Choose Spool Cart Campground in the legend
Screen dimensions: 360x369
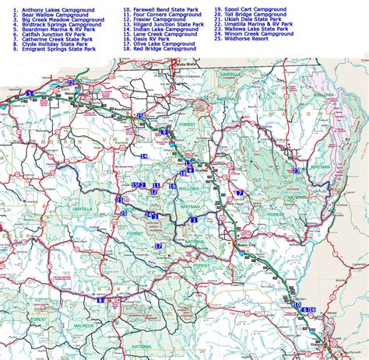[253, 9]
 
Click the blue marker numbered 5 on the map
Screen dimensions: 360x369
[29, 93]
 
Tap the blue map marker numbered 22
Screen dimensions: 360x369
[71, 82]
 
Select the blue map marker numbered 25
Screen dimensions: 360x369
[140, 116]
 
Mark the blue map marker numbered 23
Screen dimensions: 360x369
[295, 170]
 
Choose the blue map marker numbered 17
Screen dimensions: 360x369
[158, 246]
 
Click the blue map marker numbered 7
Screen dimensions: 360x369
[240, 193]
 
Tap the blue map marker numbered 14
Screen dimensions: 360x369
[144, 156]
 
